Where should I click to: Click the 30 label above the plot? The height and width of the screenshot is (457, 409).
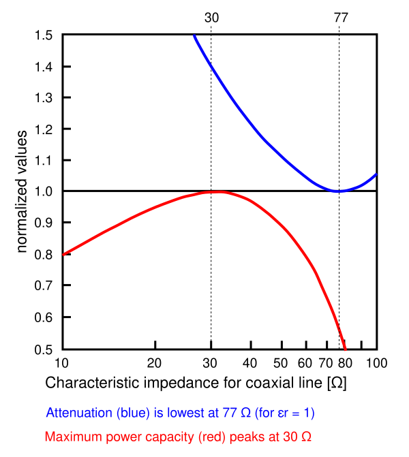tap(212, 18)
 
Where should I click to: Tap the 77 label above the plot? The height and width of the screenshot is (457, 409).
tap(341, 18)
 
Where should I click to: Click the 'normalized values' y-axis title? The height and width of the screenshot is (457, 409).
tap(23, 191)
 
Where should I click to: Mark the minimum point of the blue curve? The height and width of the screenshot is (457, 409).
tap(339, 191)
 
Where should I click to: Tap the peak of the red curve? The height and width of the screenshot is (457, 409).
tap(217, 191)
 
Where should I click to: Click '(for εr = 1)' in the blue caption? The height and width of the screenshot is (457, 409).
tap(284, 413)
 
